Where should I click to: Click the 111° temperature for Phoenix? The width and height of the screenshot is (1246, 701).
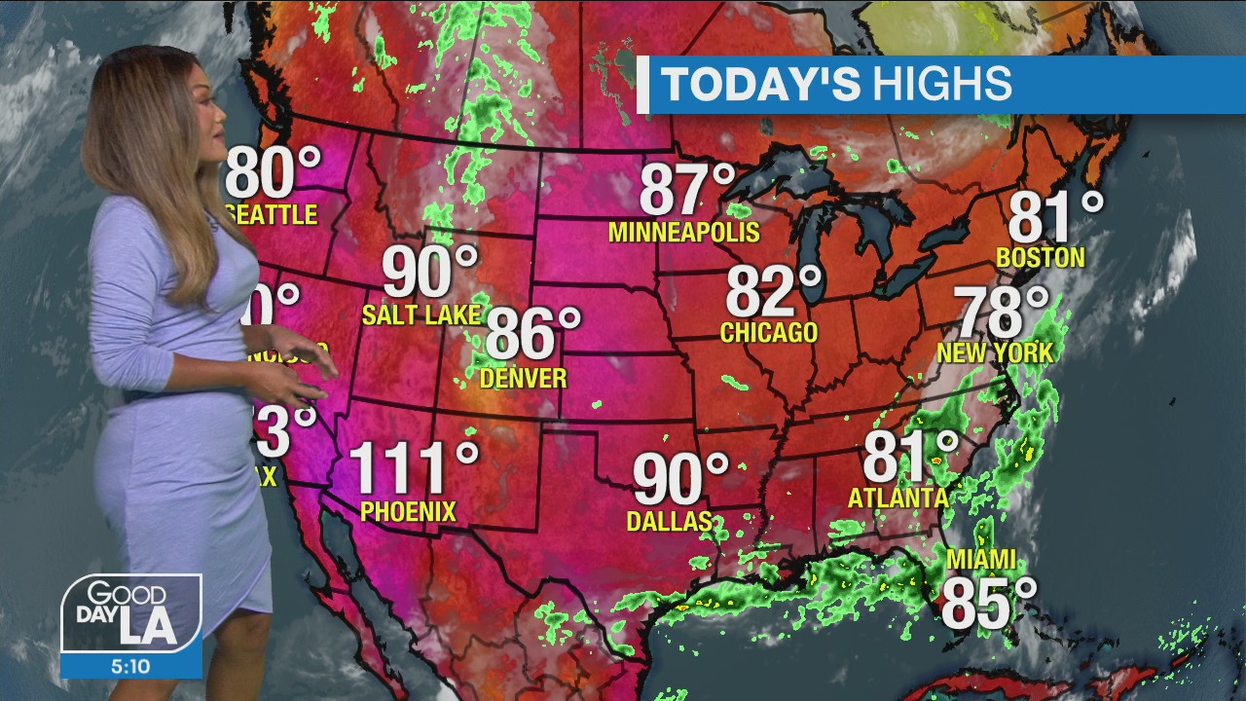(413, 467)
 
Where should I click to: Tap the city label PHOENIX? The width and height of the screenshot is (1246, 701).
(408, 511)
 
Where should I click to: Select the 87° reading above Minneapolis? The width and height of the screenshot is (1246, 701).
(687, 190)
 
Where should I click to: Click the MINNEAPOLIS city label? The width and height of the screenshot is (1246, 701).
(683, 233)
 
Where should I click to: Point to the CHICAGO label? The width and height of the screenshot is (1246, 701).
(769, 333)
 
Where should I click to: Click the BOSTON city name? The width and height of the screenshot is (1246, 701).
(1040, 257)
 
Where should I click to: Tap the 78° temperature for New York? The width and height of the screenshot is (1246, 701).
(1001, 313)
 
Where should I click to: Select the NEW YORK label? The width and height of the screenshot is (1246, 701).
(995, 352)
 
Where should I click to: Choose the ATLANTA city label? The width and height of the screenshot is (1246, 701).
(898, 498)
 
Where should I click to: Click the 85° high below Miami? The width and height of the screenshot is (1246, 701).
(988, 604)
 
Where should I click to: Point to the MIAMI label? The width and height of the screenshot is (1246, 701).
(980, 560)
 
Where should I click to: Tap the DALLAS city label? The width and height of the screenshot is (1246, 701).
(670, 522)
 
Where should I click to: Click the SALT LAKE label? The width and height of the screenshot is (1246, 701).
(421, 314)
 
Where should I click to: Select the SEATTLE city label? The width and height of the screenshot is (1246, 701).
(274, 214)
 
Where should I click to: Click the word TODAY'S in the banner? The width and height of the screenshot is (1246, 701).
(760, 85)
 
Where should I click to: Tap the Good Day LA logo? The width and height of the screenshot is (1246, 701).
(131, 613)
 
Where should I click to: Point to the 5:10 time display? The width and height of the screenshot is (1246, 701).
(131, 667)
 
